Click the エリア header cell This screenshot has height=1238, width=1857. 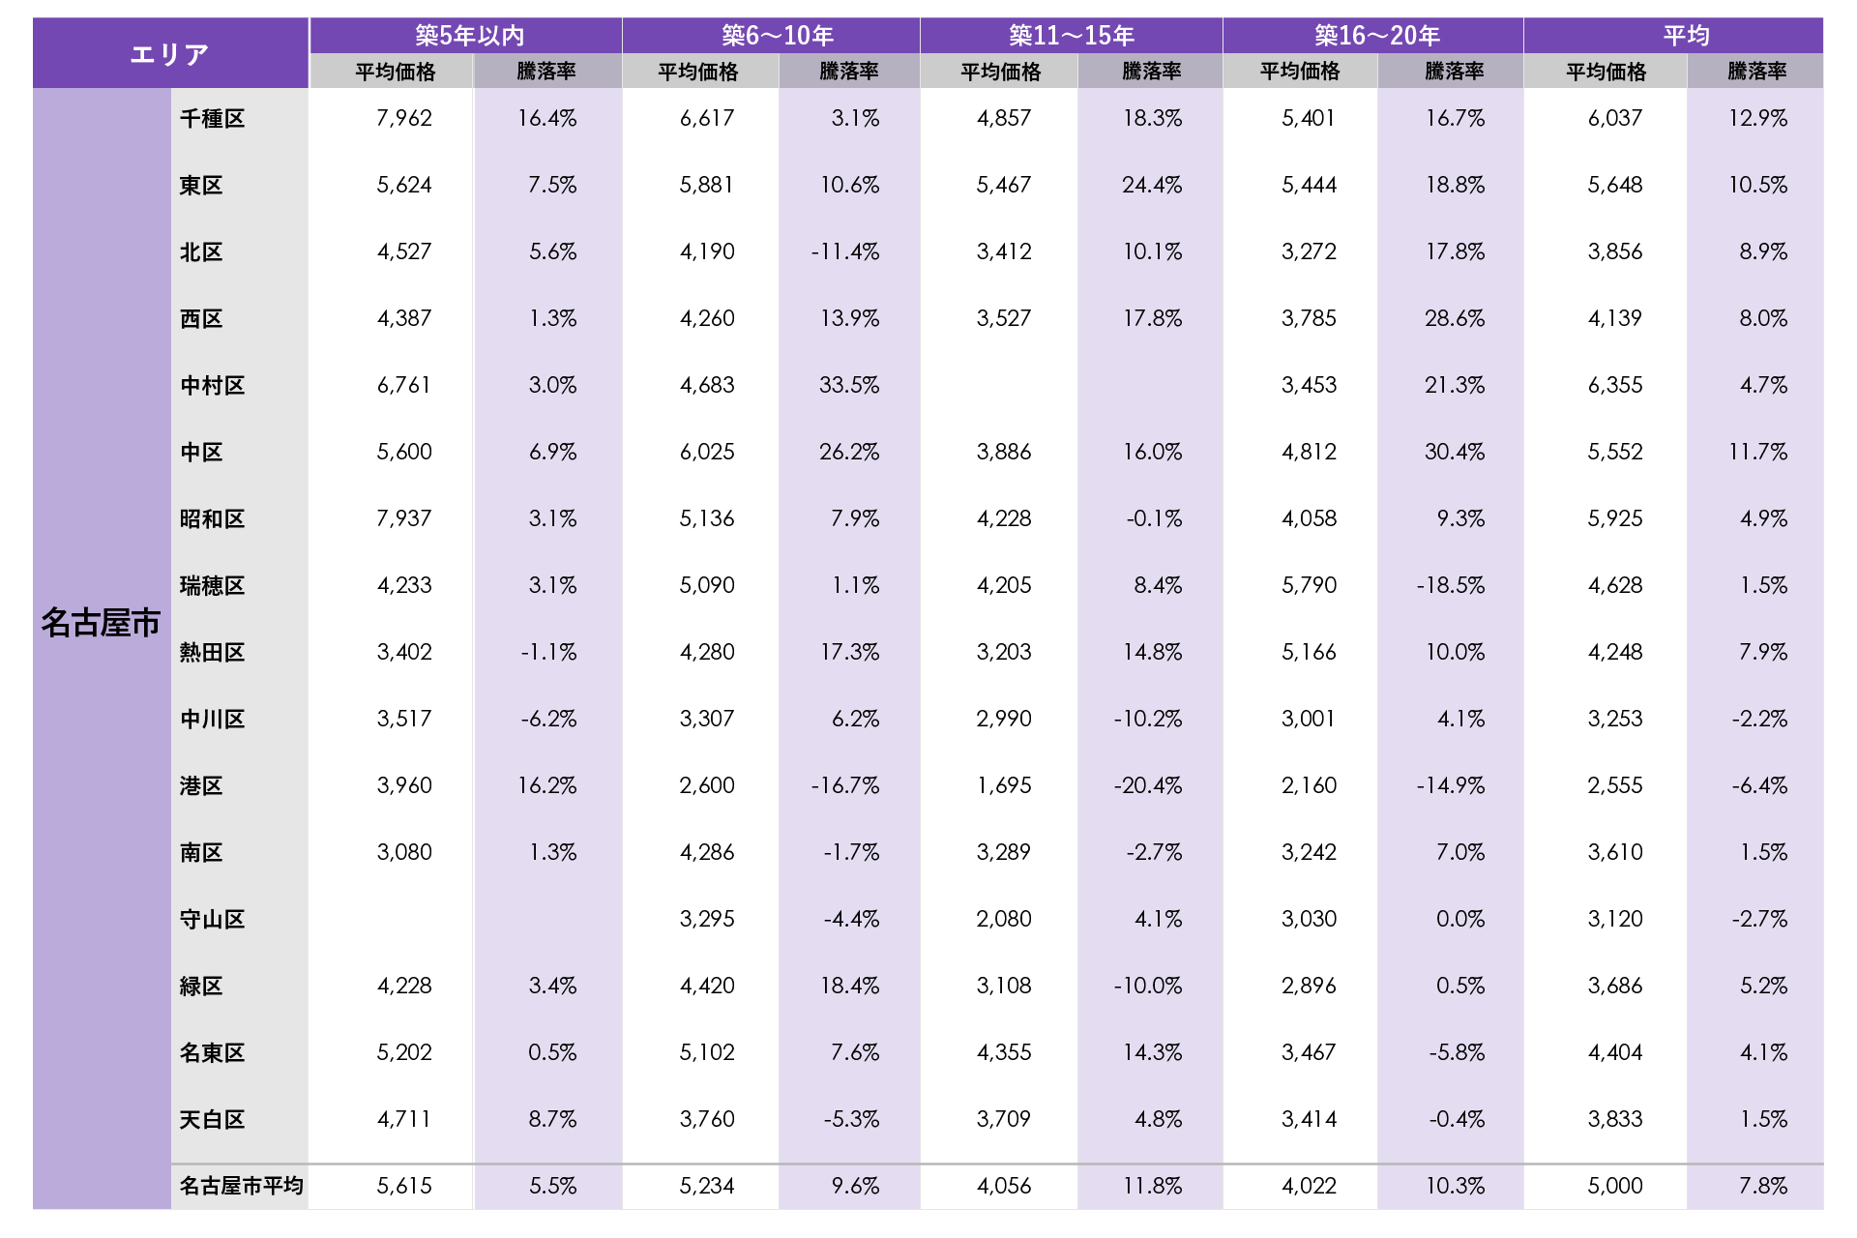pos(170,54)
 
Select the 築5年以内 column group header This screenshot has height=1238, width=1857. pos(469,36)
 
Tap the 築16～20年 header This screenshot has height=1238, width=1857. pos(1376,36)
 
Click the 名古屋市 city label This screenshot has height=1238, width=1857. pos(101,623)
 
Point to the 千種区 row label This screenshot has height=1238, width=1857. pos(212,119)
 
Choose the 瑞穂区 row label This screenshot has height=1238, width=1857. pos(212,586)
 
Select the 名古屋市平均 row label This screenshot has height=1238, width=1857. pos(241,1186)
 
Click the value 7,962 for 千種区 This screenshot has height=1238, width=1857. pos(404,118)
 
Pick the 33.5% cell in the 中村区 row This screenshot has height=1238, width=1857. pos(849,385)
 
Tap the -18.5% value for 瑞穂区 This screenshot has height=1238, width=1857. pos(1450,585)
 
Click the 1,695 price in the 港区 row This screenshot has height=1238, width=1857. pos(1004,785)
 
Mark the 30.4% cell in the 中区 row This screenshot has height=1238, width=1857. pos(1454,452)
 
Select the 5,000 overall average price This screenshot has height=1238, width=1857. pos(1614,1186)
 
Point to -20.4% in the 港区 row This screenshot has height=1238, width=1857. pos(1148,785)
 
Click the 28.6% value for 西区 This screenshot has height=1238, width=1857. pos(1454,318)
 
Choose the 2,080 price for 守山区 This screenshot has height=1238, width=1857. pos(1004,919)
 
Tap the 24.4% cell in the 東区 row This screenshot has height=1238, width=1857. pos(1151,185)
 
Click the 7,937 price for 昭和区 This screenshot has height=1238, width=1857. pos(404,518)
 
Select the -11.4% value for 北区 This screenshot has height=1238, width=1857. pos(845,251)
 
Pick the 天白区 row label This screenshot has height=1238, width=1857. pos(212,1120)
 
